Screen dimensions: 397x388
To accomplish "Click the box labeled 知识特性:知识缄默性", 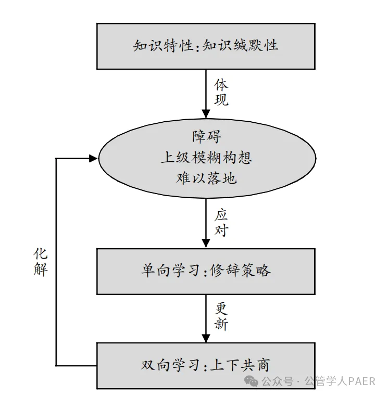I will [206, 46].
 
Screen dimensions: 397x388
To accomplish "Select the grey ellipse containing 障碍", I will [206, 158].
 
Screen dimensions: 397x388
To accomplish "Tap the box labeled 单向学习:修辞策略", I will [206, 271].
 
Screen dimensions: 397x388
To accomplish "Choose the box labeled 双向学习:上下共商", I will [206, 365].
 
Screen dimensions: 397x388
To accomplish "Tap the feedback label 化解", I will [41, 262].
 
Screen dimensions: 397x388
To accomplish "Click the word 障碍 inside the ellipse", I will [206, 137].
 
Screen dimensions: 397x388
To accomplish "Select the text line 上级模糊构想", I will [206, 158].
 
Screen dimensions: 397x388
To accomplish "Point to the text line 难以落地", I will [206, 178].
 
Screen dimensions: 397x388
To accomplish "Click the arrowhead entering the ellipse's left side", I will [93, 158].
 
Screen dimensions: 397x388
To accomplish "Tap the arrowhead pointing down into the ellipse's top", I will [206, 116].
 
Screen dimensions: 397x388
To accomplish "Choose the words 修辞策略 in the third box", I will [241, 271].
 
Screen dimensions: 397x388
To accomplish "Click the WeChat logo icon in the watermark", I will [253, 382].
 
